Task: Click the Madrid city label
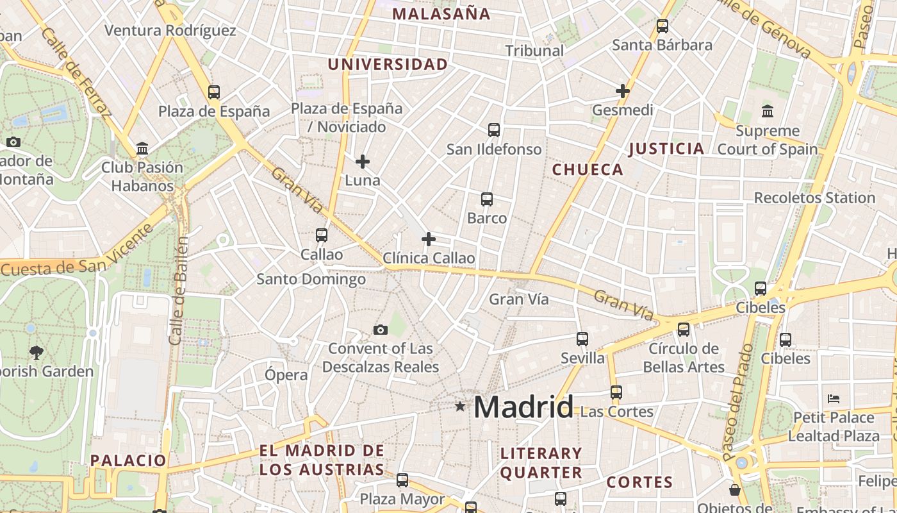(x=523, y=407)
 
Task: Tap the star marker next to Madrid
(x=460, y=406)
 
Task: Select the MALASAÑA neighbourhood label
(x=441, y=13)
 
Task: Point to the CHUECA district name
(x=588, y=169)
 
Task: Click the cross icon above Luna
(x=363, y=162)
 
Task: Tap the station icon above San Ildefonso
(x=493, y=130)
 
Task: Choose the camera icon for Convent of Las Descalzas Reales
(x=381, y=330)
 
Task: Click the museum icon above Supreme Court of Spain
(x=768, y=112)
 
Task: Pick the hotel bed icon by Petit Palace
(x=834, y=399)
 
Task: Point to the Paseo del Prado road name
(x=739, y=403)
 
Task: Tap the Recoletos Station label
(x=814, y=198)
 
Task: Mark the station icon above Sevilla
(x=582, y=339)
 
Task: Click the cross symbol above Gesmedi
(x=622, y=91)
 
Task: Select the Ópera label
(x=286, y=374)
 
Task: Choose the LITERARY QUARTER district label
(x=541, y=463)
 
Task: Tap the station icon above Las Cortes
(x=616, y=392)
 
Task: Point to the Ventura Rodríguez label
(x=170, y=30)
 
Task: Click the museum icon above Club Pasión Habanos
(x=142, y=149)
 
